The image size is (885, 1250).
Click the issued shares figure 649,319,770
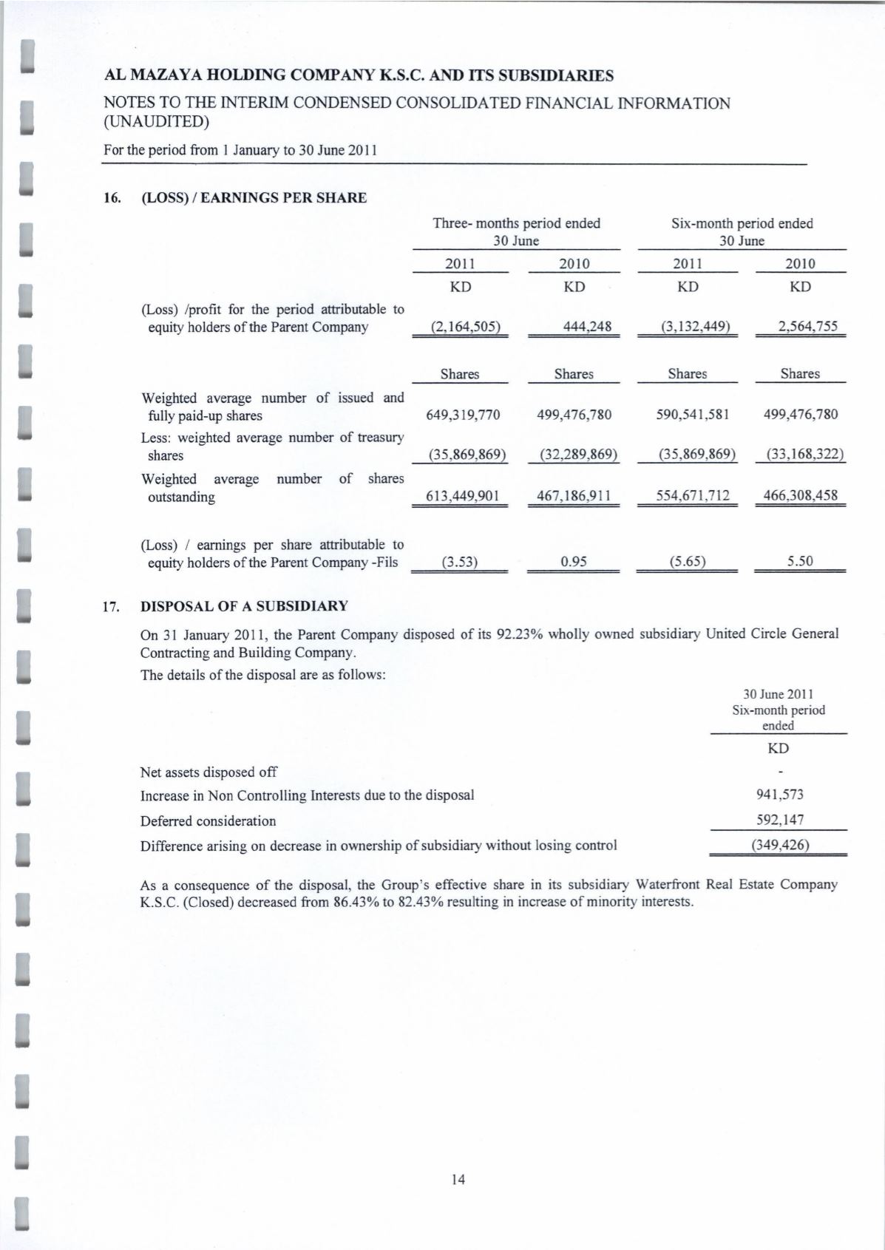pyautogui.click(x=464, y=415)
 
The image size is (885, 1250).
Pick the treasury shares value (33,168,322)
pyautogui.click(x=801, y=454)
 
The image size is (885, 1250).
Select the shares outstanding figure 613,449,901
pyautogui.click(x=464, y=495)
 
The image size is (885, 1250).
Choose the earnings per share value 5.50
pyautogui.click(x=800, y=562)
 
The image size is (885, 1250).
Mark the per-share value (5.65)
pyautogui.click(x=688, y=562)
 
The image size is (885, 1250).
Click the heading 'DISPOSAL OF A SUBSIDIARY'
pyautogui.click(x=244, y=607)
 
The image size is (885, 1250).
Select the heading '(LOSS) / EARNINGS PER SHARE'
pyautogui.click(x=254, y=198)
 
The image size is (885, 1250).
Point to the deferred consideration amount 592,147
pyautogui.click(x=779, y=820)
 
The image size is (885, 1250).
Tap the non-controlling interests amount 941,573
pyautogui.click(x=779, y=795)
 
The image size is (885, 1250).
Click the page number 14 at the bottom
pyautogui.click(x=458, y=1180)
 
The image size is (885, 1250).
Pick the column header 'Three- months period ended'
pyautogui.click(x=516, y=223)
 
